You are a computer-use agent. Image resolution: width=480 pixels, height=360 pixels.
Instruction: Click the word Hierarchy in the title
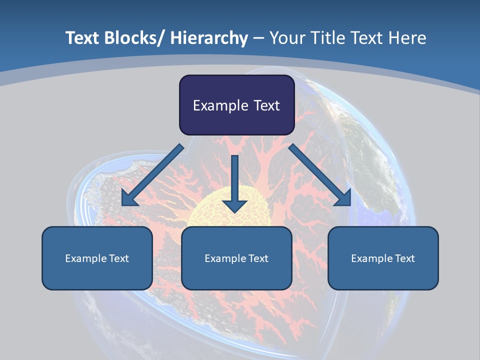pyautogui.click(x=209, y=38)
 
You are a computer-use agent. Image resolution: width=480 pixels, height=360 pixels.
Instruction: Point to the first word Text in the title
pyautogui.click(x=83, y=38)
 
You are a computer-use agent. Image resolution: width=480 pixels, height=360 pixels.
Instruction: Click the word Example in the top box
pyautogui.click(x=218, y=105)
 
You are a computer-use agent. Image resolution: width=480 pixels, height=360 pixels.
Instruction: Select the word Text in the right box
pyautogui.click(x=404, y=258)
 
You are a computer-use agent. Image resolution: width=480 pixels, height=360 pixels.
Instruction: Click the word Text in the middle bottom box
pyautogui.click(x=258, y=258)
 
